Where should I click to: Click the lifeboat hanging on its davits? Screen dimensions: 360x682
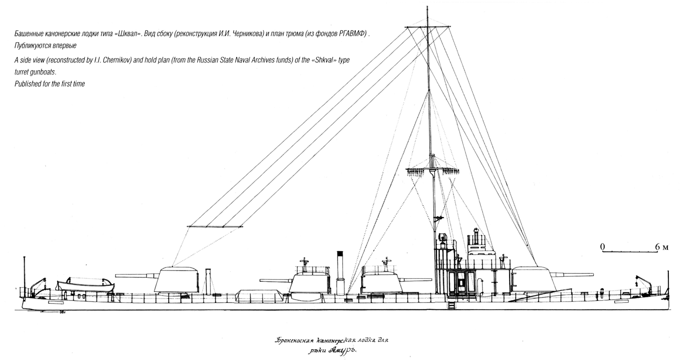(85, 285)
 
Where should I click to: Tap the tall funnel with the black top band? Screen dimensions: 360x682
(340, 273)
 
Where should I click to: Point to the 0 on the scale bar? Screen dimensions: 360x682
(602, 246)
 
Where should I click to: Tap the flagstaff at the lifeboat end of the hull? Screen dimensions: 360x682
(24, 276)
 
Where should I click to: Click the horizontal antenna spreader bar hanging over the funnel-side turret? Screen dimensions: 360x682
(214, 227)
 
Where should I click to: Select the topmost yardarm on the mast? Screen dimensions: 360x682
(427, 27)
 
